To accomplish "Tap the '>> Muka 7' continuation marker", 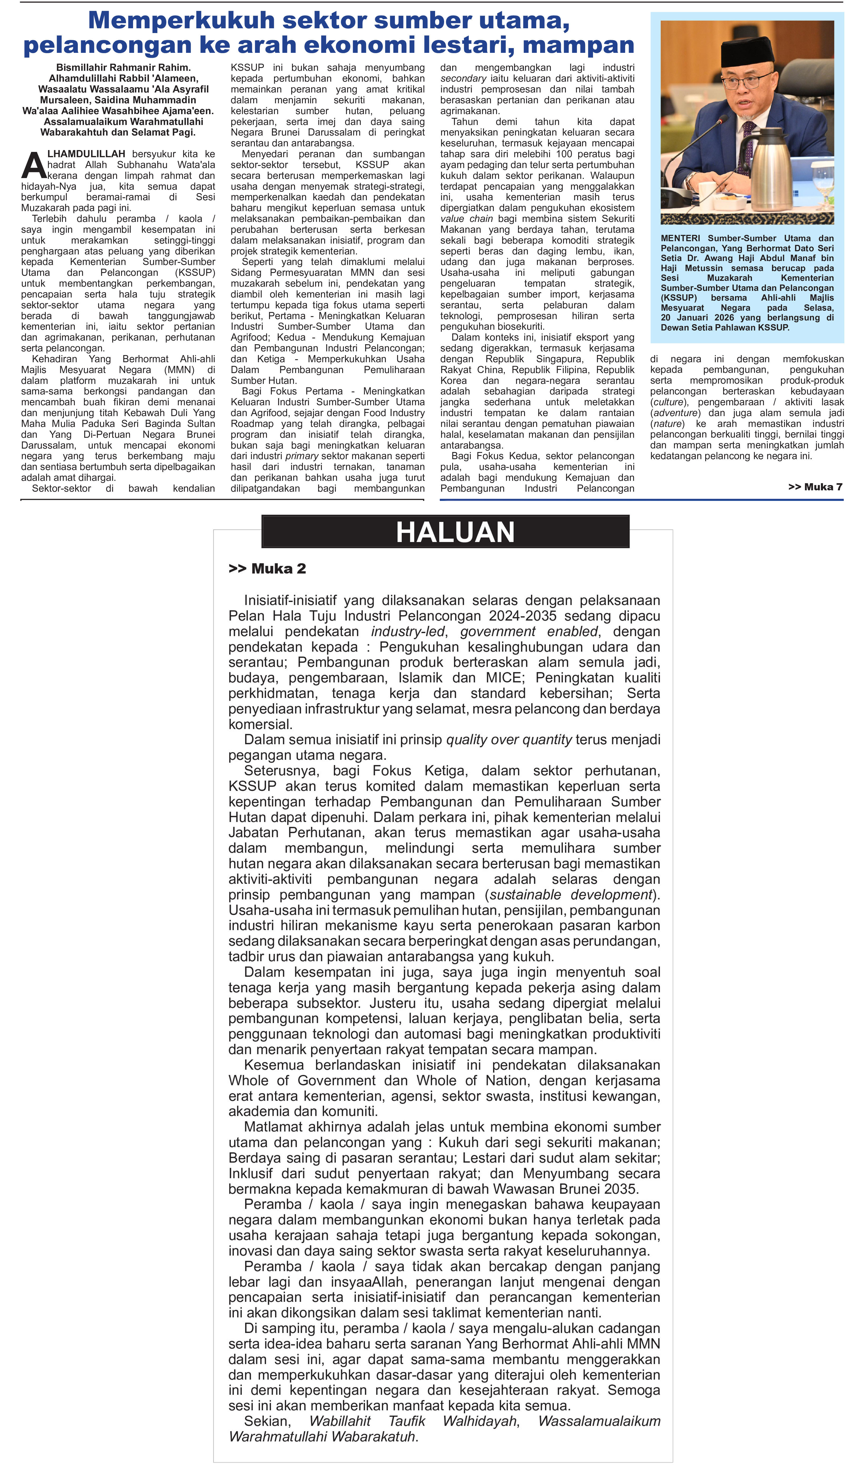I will (x=815, y=487).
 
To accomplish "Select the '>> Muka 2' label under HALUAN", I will (x=267, y=569).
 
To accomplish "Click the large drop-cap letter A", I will (x=33, y=166).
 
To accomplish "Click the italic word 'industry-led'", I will (x=407, y=632).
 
